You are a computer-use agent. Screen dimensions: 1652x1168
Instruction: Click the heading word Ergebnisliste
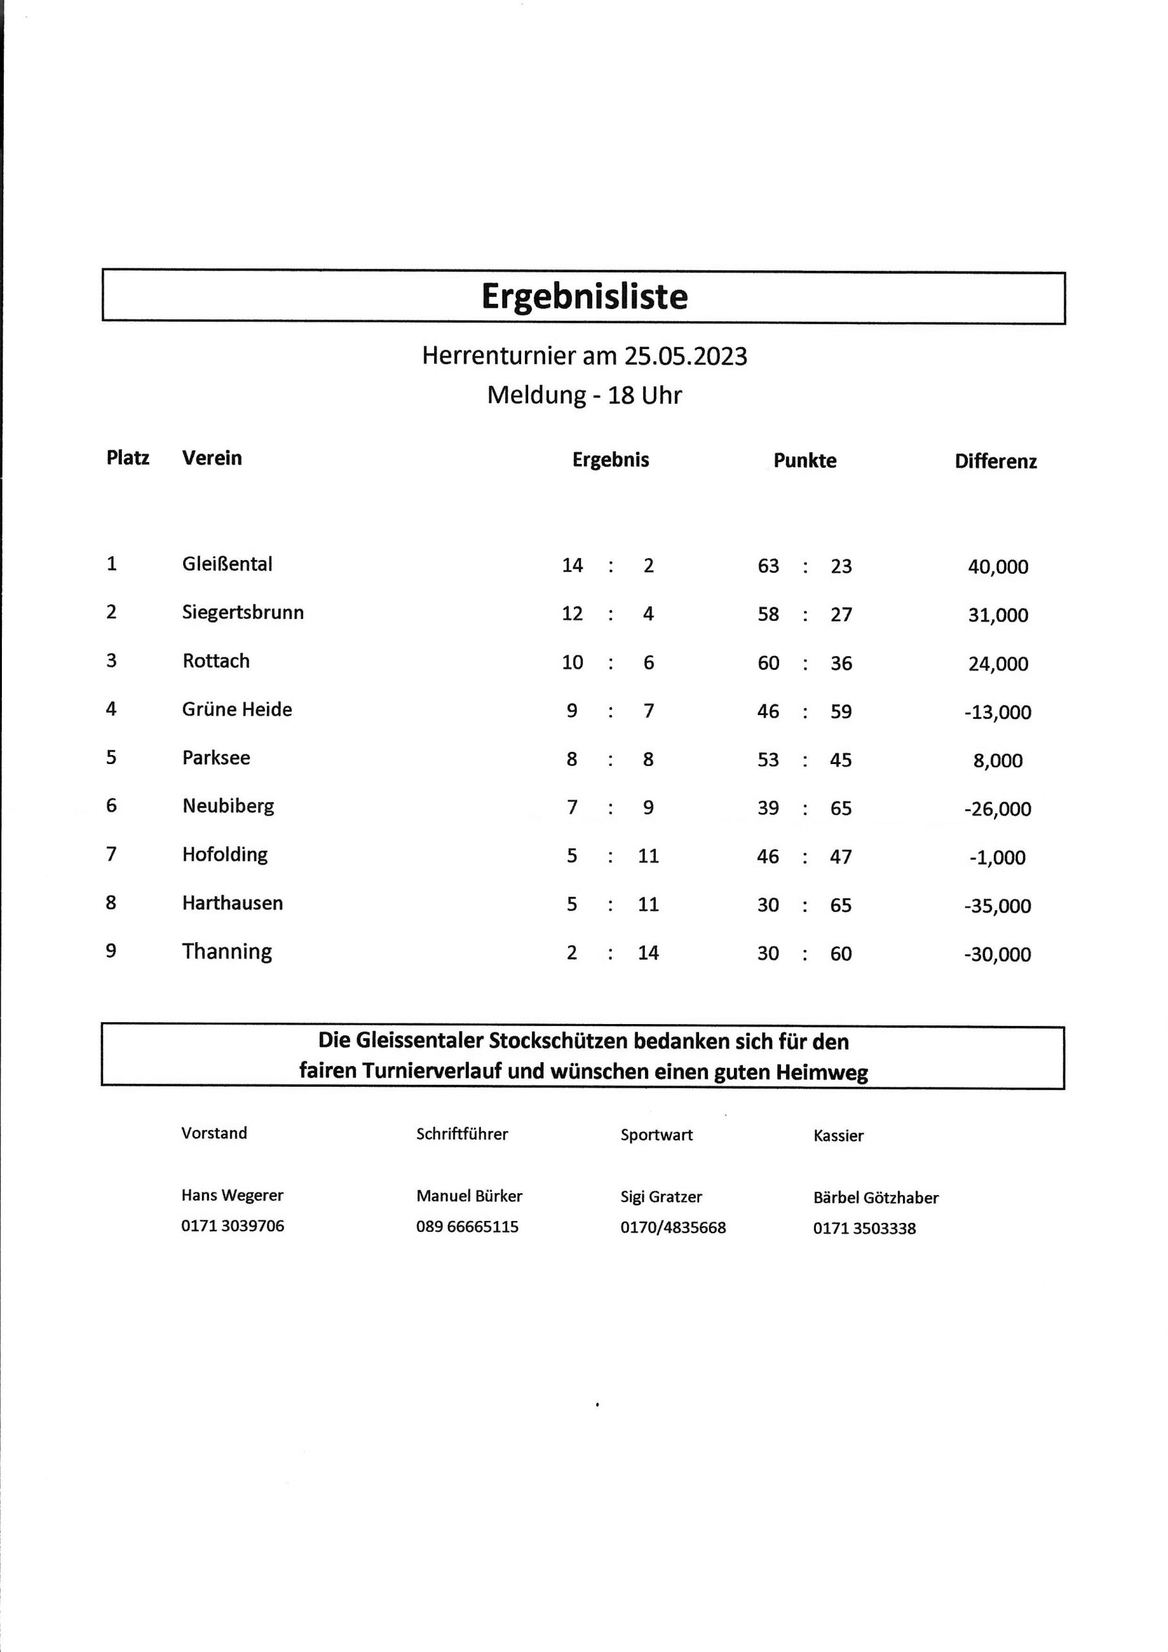click(584, 296)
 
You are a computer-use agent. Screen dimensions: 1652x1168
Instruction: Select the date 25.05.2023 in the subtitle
click(686, 356)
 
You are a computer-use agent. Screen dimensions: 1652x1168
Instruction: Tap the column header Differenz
click(995, 461)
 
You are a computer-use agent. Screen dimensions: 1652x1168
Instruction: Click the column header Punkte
click(805, 461)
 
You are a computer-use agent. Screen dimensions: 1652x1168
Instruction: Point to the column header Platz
click(128, 458)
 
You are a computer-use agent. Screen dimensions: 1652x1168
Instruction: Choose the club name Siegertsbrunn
click(243, 612)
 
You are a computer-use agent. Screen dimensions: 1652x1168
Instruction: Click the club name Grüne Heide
click(237, 709)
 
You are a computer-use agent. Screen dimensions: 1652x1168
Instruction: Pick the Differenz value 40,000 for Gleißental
click(998, 567)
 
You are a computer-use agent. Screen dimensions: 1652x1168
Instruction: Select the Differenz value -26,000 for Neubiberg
click(998, 809)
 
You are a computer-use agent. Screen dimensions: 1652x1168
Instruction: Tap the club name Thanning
click(226, 951)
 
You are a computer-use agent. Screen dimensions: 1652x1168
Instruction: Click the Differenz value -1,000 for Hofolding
click(998, 857)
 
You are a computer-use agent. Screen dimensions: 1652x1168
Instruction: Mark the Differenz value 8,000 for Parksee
click(998, 761)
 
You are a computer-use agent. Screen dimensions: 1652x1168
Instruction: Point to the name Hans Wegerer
click(232, 1195)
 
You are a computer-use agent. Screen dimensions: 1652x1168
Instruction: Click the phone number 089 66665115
click(467, 1227)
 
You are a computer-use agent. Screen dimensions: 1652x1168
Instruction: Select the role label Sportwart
click(657, 1134)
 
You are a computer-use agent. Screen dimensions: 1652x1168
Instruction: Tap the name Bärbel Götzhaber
click(875, 1198)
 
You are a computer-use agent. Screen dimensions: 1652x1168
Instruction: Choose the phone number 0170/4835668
click(673, 1227)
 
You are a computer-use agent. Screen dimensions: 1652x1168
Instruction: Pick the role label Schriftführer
click(462, 1134)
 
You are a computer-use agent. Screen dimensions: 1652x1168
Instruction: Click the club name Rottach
click(216, 661)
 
